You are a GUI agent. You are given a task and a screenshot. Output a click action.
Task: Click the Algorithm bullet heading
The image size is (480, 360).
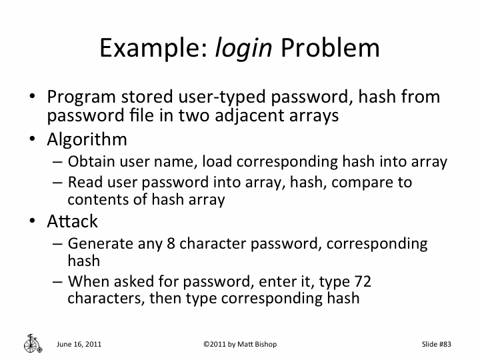coord(87,139)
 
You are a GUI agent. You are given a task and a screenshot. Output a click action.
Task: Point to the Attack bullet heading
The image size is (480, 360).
coord(72,221)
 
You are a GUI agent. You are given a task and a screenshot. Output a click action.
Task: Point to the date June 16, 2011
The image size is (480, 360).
coord(79,344)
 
